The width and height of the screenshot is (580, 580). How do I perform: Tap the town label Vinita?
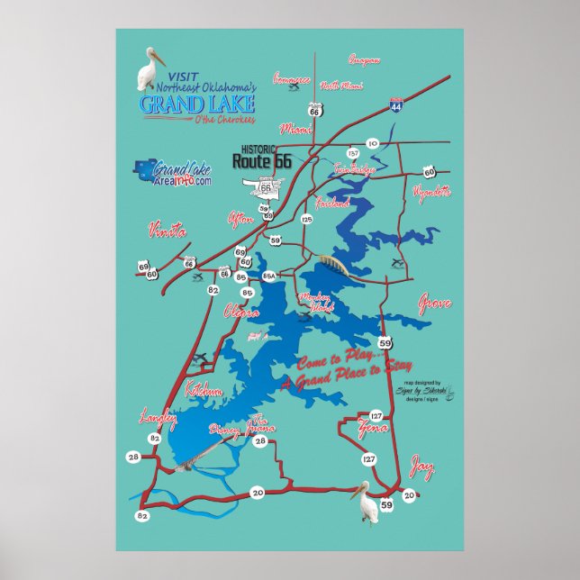167,231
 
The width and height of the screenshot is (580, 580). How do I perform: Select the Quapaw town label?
363,60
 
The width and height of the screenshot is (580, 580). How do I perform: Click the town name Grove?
434,304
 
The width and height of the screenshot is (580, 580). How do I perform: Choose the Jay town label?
421,467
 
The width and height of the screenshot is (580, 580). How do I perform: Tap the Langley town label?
154,416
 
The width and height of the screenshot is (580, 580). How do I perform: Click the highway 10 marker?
372,143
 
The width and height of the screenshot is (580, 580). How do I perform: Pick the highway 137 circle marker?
353,154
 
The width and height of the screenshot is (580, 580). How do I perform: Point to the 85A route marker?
268,276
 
